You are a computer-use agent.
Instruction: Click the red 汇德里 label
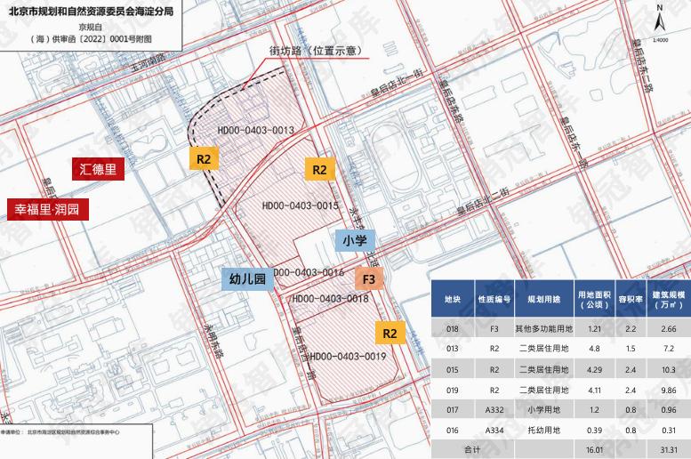99,169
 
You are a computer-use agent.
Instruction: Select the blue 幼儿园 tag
248,279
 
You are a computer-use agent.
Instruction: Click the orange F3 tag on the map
369,279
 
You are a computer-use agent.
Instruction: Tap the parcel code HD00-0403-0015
301,205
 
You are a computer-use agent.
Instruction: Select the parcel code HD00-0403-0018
329,299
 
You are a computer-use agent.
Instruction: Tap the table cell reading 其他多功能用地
542,329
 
